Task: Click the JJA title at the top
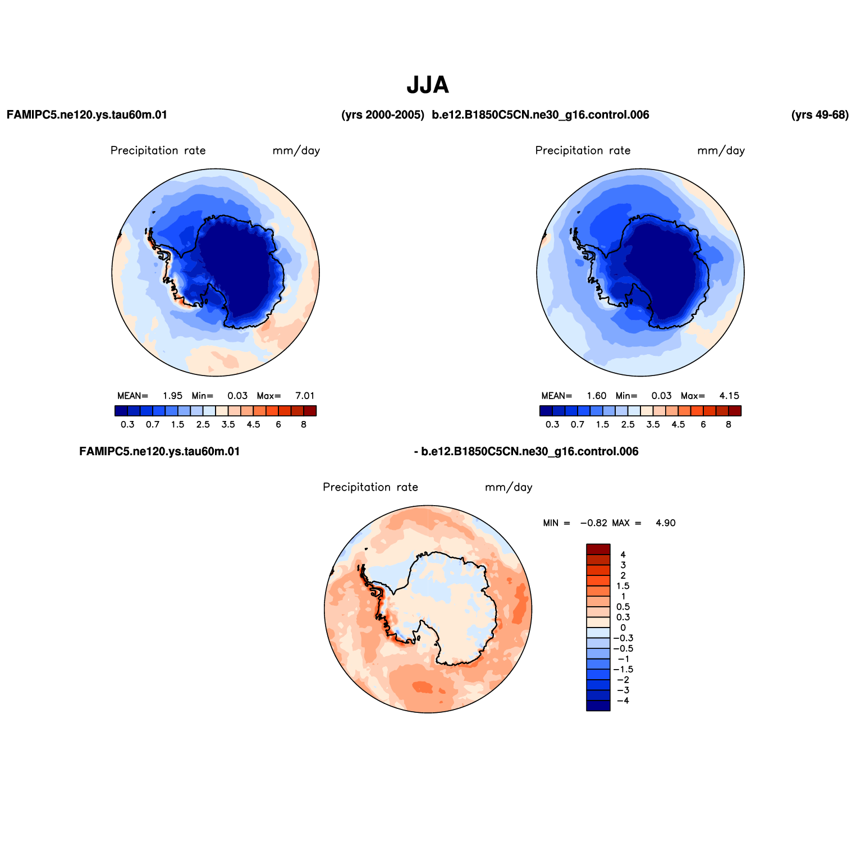pos(428,85)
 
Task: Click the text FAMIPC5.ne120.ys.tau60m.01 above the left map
pos(87,115)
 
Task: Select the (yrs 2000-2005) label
pos(383,115)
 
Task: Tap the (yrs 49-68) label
pos(820,115)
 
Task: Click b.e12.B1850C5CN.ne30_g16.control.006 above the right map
pos(541,115)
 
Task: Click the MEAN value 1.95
pos(172,396)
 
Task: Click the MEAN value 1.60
pos(597,396)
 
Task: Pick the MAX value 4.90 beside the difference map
pos(666,523)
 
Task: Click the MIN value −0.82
pos(594,523)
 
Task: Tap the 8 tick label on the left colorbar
pos(304,424)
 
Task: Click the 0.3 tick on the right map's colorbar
pos(552,424)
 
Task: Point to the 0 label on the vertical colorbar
pos(622,628)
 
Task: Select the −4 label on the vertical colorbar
pos(622,701)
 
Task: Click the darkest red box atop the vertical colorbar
pos(598,549)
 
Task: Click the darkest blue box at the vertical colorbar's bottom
pos(598,706)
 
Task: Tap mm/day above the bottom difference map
pos(509,487)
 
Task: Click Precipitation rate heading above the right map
pos(583,150)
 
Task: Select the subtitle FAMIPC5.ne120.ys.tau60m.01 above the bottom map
pos(160,452)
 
